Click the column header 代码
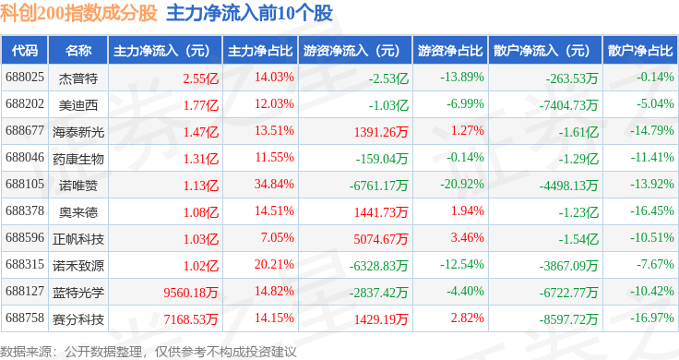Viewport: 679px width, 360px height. [25, 51]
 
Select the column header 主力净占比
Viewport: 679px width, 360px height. [260, 51]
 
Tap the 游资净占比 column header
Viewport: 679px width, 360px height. [450, 51]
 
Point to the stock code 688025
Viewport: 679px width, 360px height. [25, 78]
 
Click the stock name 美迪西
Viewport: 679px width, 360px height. [78, 105]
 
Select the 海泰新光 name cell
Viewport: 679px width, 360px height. [78, 132]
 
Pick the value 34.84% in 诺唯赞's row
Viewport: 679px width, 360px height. [274, 184]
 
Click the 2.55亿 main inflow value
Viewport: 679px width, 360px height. [200, 78]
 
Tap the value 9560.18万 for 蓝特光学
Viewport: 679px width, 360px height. [191, 293]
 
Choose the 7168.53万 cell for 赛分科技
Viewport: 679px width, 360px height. [191, 319]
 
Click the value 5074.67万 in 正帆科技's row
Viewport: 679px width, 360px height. [381, 239]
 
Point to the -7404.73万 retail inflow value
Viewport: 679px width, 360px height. [568, 105]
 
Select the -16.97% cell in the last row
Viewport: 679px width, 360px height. [651, 318]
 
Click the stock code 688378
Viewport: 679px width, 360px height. [25, 211]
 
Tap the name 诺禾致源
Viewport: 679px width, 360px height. [78, 266]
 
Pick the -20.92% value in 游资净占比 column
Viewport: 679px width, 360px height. [462, 184]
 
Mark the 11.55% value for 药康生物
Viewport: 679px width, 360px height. [275, 157]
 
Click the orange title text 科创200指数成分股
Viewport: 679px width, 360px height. [78, 13]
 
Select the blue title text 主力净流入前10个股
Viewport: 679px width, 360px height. [249, 13]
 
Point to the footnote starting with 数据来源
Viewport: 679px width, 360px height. [149, 352]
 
